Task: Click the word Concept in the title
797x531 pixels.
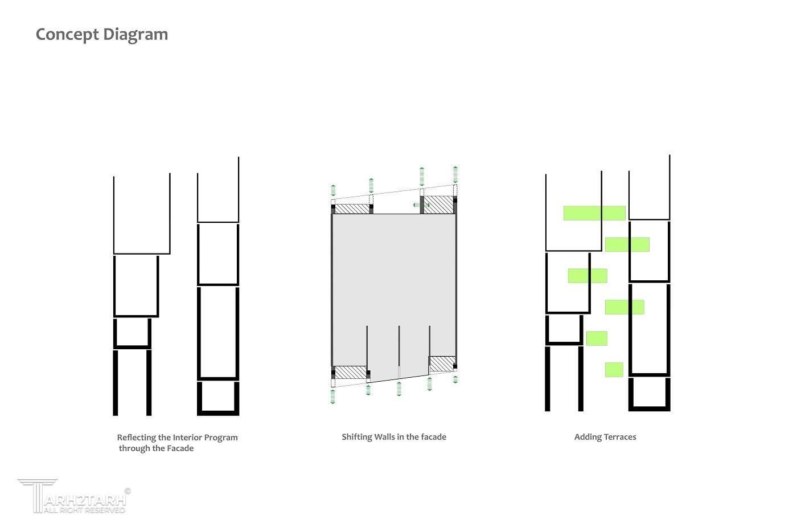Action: pyautogui.click(x=67, y=35)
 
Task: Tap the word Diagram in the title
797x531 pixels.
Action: pyautogui.click(x=135, y=35)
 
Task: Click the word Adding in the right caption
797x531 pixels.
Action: pyautogui.click(x=586, y=437)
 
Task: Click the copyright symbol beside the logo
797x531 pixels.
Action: pyautogui.click(x=128, y=491)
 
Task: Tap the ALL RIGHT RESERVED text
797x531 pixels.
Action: pyautogui.click(x=84, y=510)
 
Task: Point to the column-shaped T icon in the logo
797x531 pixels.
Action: pyautogui.click(x=38, y=495)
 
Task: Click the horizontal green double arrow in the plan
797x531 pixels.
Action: pyautogui.click(x=422, y=205)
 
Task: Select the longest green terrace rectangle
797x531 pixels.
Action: pyautogui.click(x=594, y=213)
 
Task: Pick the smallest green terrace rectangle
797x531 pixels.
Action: pyautogui.click(x=614, y=370)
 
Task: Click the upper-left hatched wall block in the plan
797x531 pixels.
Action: pyautogui.click(x=352, y=209)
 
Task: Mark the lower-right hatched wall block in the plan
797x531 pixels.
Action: pyautogui.click(x=442, y=364)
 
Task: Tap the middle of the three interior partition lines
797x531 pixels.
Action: pyautogui.click(x=399, y=352)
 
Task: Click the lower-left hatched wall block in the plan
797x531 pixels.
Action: pyautogui.click(x=351, y=372)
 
